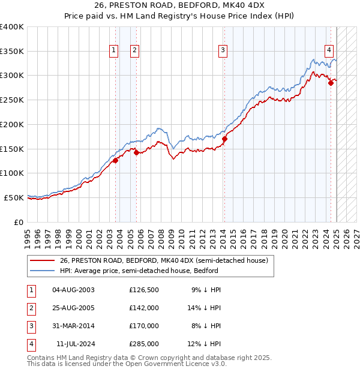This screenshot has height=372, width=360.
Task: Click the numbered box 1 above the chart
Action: (114, 50)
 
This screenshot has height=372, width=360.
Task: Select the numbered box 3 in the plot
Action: (223, 50)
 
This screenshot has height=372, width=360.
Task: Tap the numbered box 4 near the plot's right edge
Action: (329, 50)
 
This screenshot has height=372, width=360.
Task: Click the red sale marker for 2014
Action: (224, 139)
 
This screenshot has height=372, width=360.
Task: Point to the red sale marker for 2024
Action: (331, 83)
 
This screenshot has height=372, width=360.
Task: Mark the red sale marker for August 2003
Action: (115, 160)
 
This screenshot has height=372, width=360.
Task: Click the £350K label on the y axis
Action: (12, 52)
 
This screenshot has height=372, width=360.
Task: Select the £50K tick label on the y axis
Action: (14, 197)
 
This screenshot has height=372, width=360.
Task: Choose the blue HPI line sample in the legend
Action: (43, 271)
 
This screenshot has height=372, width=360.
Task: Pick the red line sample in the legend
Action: (43, 260)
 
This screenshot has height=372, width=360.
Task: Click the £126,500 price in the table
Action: (143, 290)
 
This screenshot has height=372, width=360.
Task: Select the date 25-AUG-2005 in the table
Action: (74, 308)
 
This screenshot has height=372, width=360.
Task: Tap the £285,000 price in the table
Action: (143, 344)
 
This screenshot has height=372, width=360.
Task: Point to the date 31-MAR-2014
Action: (74, 326)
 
